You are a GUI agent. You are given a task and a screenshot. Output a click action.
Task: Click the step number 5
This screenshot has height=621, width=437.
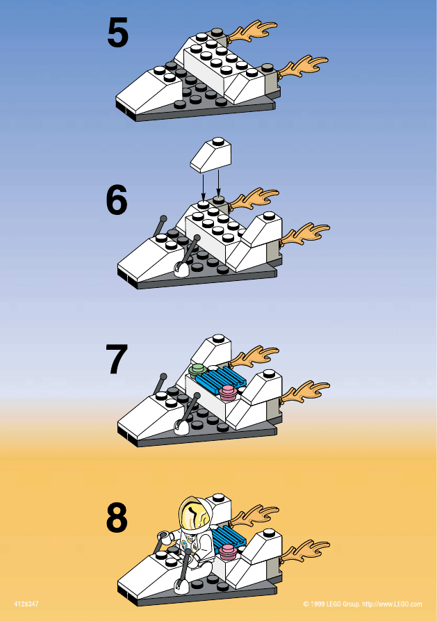click(117, 33)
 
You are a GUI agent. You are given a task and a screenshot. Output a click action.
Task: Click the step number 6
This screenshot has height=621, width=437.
click(117, 200)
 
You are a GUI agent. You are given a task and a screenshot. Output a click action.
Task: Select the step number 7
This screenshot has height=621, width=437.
click(117, 359)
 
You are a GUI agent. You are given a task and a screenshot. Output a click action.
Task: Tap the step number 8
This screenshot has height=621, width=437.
click(117, 517)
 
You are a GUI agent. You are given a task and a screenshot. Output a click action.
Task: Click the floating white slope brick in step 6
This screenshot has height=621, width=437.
click(212, 155)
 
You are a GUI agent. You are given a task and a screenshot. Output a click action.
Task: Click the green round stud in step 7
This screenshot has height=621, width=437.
click(198, 370)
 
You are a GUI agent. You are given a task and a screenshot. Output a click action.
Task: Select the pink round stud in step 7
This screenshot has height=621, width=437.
click(229, 392)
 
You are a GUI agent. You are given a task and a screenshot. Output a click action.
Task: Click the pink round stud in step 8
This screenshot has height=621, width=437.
click(229, 551)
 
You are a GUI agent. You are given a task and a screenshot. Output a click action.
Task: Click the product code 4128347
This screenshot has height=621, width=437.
click(26, 604)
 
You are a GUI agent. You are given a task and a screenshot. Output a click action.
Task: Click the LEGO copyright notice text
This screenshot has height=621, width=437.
click(363, 604)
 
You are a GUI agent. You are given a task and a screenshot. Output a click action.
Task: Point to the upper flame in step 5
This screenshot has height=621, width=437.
click(253, 31)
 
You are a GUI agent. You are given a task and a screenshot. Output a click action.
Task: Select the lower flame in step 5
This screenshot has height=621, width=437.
click(303, 66)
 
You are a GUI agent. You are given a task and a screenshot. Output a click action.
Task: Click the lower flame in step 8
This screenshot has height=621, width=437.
click(305, 551)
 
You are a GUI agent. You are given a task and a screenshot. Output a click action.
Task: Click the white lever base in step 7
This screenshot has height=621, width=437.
click(182, 428)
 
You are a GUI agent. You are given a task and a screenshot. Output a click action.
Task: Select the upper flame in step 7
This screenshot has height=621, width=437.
click(254, 356)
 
